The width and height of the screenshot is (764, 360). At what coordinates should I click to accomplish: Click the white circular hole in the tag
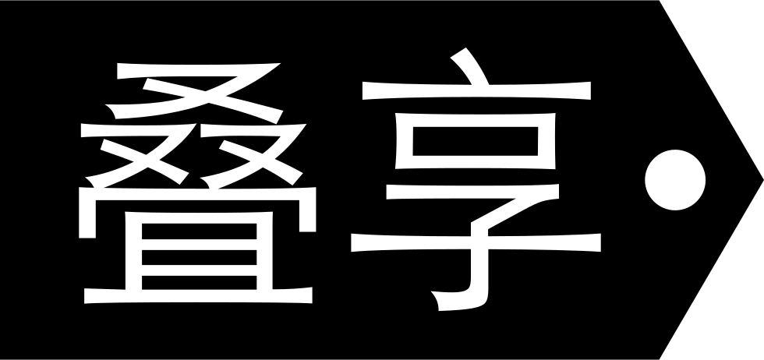click(675, 180)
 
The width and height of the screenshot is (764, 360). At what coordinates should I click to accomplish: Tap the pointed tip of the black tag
click(763, 180)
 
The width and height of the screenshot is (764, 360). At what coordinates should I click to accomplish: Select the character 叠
click(197, 183)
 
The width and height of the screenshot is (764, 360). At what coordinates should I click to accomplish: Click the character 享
click(476, 178)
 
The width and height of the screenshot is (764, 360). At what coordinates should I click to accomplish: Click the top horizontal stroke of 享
click(476, 90)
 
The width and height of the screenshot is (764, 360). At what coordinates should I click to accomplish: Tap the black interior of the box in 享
click(475, 141)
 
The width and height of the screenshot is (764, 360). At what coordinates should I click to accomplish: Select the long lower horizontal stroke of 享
click(476, 242)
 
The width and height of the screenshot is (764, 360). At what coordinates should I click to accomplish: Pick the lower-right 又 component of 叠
click(253, 155)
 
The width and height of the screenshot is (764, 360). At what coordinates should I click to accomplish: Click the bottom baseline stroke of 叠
click(198, 295)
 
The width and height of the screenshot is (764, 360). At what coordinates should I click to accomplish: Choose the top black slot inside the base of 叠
click(200, 231)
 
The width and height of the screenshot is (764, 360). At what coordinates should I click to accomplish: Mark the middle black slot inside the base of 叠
click(200, 257)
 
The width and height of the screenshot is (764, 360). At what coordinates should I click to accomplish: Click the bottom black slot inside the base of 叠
click(200, 283)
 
